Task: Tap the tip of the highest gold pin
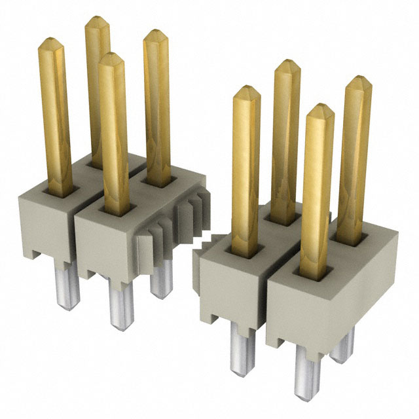(x=98, y=20)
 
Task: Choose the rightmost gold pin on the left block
(x=157, y=105)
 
